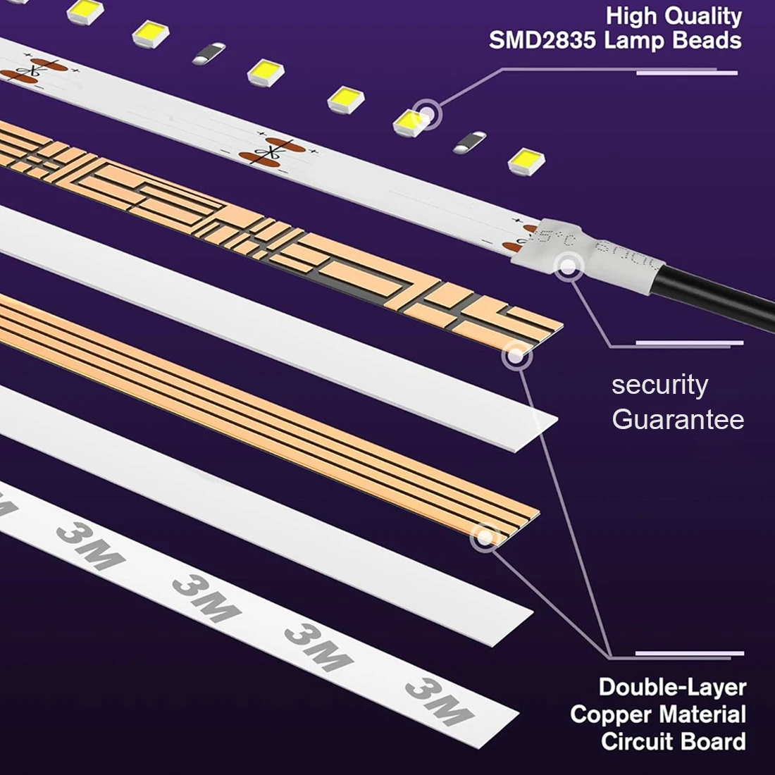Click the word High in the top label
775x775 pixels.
631,15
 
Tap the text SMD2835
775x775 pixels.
544,40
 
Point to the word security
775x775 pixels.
659,385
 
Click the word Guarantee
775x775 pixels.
678,419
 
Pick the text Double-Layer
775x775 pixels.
671,686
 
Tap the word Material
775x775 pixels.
702,714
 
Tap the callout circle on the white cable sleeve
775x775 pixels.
569,266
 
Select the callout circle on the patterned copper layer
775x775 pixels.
516,356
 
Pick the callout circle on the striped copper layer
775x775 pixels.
485,537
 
